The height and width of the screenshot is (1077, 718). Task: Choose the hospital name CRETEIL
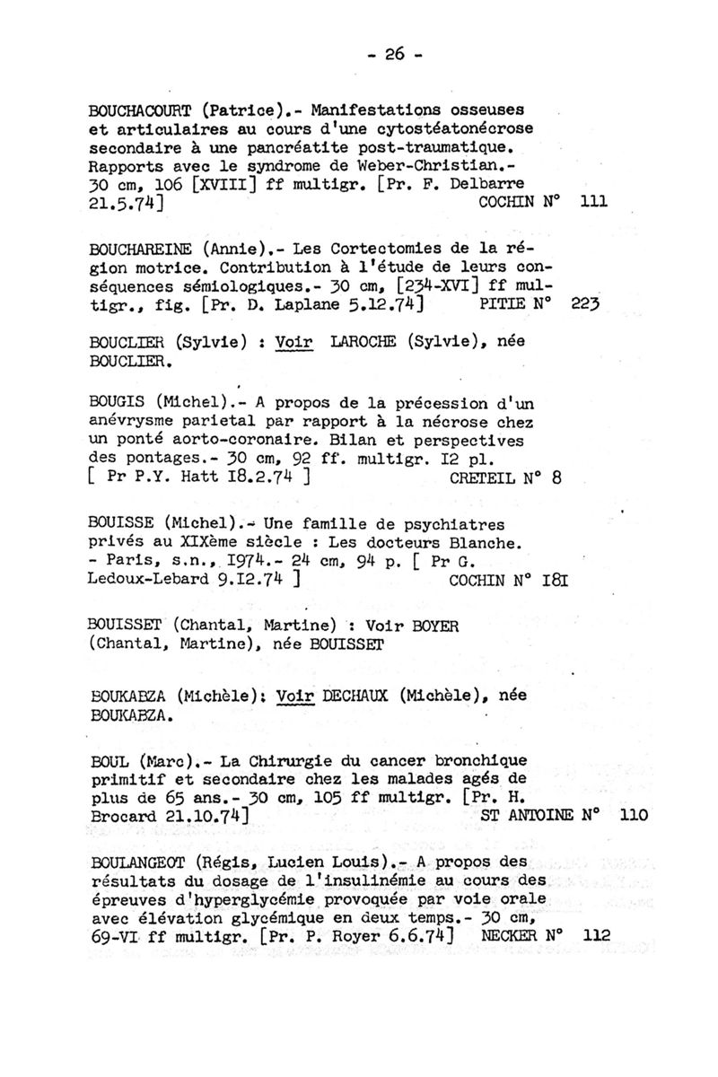tap(481, 478)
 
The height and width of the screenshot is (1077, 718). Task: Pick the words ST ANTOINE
tap(524, 816)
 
